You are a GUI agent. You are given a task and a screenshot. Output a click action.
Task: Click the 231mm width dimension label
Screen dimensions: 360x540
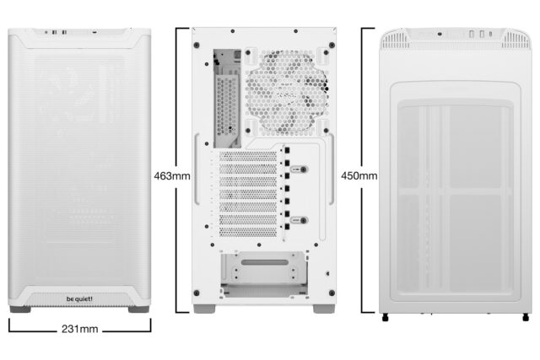pyautogui.click(x=81, y=328)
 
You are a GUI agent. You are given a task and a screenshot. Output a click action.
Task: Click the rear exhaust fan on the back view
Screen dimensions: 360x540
pyautogui.click(x=287, y=87)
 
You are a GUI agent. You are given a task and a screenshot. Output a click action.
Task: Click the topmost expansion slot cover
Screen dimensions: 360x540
pyautogui.click(x=249, y=157)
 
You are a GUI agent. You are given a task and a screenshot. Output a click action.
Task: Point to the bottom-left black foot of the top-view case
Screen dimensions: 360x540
pyautogui.click(x=386, y=318)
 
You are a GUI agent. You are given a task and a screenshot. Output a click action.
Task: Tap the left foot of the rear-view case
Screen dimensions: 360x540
pyautogui.click(x=202, y=309)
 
